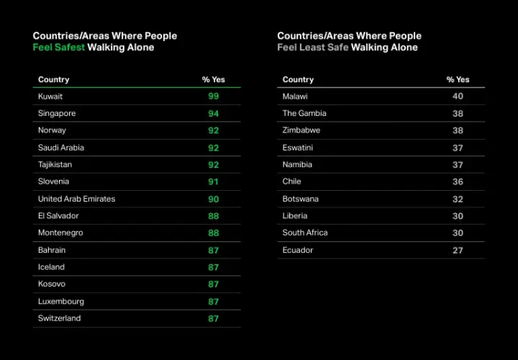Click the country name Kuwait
(50, 96)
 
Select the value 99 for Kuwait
(214, 96)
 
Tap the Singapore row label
(57, 113)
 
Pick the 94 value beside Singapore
(214, 114)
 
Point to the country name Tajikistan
(55, 165)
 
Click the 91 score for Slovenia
(214, 182)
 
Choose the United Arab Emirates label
(77, 199)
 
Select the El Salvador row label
(58, 216)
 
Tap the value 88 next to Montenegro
(214, 233)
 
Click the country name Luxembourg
(61, 302)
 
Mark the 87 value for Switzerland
(214, 319)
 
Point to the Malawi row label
(295, 96)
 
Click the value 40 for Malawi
(458, 96)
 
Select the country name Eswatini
(298, 148)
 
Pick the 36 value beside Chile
(458, 182)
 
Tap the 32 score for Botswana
(458, 199)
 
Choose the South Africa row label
(305, 233)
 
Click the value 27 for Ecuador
(458, 251)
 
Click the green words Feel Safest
(59, 48)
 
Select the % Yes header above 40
(458, 79)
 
